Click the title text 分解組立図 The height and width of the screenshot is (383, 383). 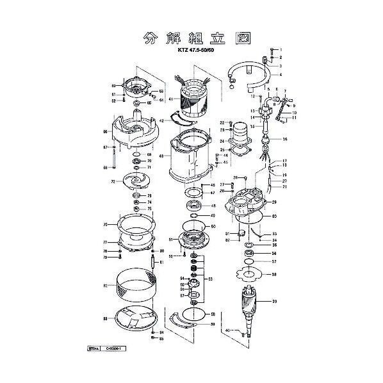190,38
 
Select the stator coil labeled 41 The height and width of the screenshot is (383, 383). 195,102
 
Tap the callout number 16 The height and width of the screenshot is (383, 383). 285,139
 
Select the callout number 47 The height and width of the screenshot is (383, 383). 212,193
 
